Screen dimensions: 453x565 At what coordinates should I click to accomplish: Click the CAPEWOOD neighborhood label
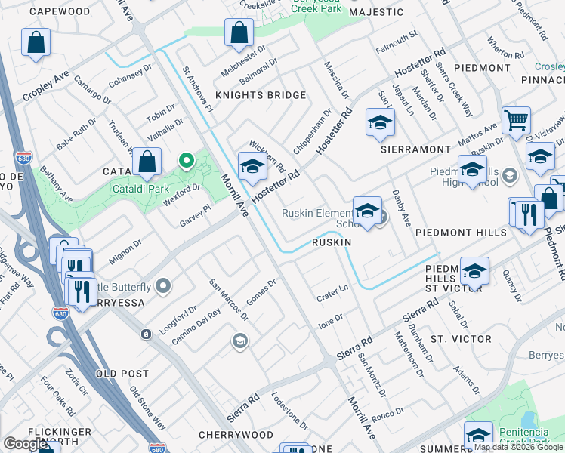pos(60,12)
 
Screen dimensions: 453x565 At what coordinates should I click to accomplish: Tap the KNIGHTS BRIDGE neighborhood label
pos(261,95)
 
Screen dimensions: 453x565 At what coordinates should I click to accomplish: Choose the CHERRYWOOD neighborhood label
pos(236,435)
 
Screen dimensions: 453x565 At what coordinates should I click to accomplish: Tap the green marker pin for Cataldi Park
pos(185,161)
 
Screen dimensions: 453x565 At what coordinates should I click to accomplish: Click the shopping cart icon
pos(516,119)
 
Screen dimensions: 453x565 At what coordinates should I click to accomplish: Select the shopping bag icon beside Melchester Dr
pos(239,33)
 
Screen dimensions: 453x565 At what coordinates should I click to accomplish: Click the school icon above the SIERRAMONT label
pos(380,122)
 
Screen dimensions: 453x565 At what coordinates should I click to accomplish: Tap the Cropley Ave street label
pos(46,87)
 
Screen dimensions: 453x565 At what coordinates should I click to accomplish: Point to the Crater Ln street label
pos(332,292)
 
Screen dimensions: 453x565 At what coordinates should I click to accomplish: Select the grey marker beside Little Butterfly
pos(163,286)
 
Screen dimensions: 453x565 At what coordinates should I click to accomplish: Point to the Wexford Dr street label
pos(184,190)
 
